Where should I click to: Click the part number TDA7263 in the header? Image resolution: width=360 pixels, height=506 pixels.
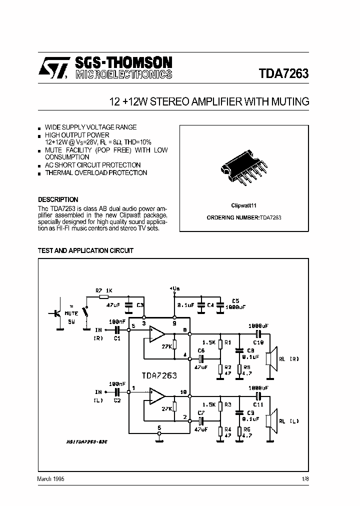pos(283,73)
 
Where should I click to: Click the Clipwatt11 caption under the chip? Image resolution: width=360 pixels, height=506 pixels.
pos(243,205)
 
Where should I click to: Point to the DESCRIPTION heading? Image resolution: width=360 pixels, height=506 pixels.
pos(58,199)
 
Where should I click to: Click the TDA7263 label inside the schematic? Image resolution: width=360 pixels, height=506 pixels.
pos(158,375)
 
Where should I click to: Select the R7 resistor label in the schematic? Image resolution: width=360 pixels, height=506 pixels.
pos(99,290)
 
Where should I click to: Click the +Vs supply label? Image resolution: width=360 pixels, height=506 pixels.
pos(174,288)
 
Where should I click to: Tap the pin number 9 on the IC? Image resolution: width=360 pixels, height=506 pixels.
pos(174,323)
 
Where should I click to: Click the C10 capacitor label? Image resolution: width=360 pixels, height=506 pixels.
pos(258,342)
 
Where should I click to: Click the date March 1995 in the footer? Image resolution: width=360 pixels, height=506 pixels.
pos(50,478)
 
